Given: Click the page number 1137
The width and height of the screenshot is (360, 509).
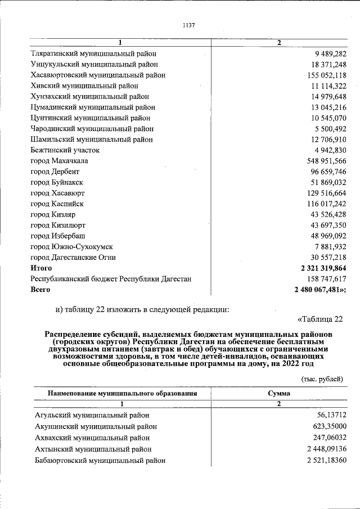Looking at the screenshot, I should pos(188,25).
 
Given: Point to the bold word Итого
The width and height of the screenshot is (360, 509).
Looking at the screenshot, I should pos(41,268).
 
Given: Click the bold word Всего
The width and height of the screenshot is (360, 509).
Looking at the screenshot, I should pos(40,290).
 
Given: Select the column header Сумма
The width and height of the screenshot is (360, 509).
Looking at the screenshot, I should pos(279,394).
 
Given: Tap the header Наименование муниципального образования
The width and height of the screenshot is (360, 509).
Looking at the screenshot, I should pos(122,394).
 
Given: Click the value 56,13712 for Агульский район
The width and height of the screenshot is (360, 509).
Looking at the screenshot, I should pos(328,417).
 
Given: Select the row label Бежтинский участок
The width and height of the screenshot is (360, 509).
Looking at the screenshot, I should pos(65,150).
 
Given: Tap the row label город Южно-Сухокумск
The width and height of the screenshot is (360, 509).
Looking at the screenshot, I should pos(71,246).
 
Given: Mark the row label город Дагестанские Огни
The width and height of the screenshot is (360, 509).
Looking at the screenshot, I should pos(73,257).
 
